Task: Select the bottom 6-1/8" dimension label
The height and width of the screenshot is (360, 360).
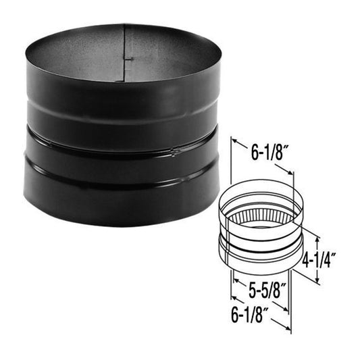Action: [x=253, y=313]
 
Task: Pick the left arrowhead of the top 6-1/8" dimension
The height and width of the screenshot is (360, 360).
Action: [x=233, y=143]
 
